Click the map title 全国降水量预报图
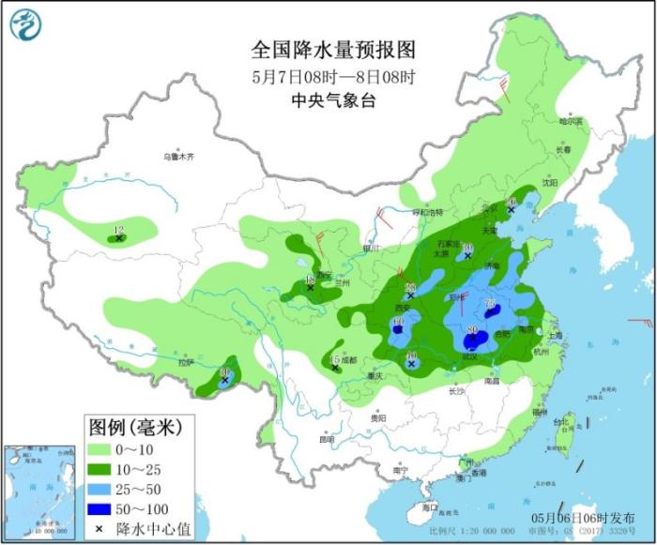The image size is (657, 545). (332, 49)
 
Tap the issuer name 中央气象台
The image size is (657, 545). (333, 100)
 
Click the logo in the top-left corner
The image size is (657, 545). (29, 27)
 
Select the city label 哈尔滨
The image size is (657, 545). (571, 121)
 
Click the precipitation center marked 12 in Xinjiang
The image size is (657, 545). (119, 238)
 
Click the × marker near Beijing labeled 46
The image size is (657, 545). (511, 210)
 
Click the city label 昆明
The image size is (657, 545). (326, 439)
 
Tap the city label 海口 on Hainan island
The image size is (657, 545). (431, 507)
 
